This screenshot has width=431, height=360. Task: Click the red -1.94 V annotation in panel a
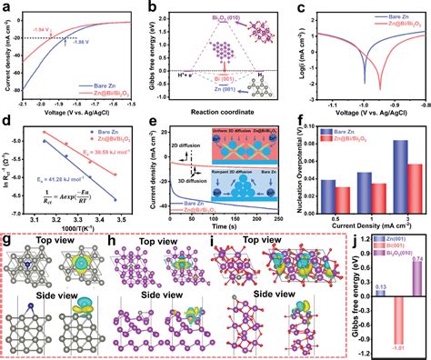click(x=40, y=28)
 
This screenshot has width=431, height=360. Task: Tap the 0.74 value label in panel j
click(x=416, y=259)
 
